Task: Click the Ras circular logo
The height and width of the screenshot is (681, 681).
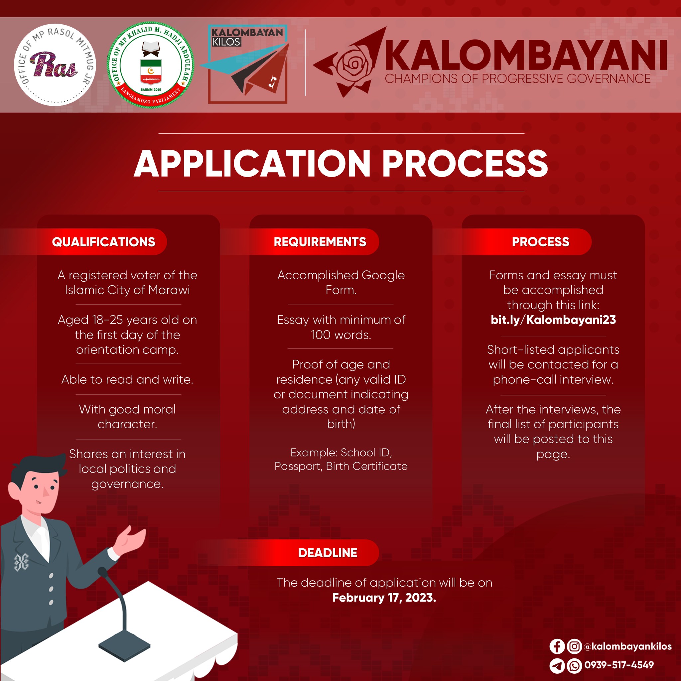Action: pos(55,65)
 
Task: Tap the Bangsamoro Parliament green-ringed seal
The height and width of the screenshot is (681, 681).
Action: pos(151,65)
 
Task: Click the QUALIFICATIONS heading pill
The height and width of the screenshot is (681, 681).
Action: pos(103,242)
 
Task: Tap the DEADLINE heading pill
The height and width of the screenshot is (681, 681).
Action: pos(328,553)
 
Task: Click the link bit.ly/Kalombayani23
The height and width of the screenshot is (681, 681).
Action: pos(553,320)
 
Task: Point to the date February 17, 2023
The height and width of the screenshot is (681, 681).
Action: pos(384,598)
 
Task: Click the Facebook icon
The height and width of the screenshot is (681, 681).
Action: pos(557,646)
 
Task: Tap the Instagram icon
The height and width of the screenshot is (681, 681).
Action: pos(574,646)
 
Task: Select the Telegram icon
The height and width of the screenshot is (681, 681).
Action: pos(557,665)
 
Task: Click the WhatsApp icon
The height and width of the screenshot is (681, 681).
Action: pos(574,665)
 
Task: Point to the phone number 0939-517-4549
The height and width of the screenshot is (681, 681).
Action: pos(619,665)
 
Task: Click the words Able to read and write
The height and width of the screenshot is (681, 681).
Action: pos(127,380)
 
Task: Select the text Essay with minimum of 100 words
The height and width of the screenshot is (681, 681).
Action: pos(341,327)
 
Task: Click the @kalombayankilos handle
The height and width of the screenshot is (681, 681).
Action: pos(627,646)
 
